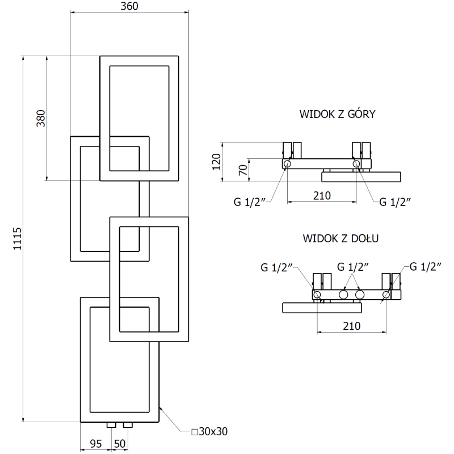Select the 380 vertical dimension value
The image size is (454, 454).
click(40, 118)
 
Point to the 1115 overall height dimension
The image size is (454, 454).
click(16, 239)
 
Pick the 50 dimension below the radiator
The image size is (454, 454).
click(119, 443)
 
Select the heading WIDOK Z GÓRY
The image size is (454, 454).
click(337, 114)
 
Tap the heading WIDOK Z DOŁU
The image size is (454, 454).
click(340, 238)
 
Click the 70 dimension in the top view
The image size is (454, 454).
click(242, 170)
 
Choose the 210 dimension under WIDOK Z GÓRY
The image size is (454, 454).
click(321, 196)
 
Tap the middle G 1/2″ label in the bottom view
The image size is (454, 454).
click(353, 267)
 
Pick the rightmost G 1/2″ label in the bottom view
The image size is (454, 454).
click(425, 267)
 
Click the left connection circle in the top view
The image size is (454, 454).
click(287, 164)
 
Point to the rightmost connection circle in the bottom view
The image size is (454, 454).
click(386, 295)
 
